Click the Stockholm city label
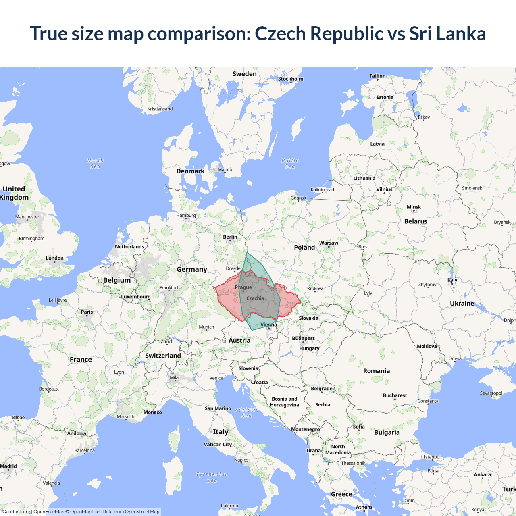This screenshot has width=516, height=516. [x=290, y=79]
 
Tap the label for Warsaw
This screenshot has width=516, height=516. [x=329, y=243]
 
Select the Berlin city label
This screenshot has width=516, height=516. [x=230, y=237]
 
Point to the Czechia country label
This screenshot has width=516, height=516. [x=255, y=298]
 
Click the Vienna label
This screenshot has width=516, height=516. [x=268, y=325]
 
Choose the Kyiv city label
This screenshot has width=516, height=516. [x=452, y=280]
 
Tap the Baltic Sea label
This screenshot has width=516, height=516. [x=290, y=163]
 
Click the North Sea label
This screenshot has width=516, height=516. [x=95, y=163]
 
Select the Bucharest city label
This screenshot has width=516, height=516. [x=395, y=395]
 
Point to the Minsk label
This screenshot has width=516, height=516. [x=414, y=207]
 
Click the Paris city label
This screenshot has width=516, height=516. [x=87, y=312]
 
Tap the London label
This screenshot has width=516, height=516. [x=54, y=258]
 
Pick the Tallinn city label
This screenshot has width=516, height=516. [x=377, y=76]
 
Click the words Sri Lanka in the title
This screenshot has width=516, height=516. [x=447, y=33]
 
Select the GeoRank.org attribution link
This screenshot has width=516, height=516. [x=16, y=512]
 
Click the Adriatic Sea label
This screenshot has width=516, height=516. [x=246, y=412]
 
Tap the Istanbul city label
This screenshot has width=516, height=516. [x=432, y=457]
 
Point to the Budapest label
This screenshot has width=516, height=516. [x=303, y=338]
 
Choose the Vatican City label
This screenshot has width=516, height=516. [x=218, y=444]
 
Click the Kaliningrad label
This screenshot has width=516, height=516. [x=322, y=189]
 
